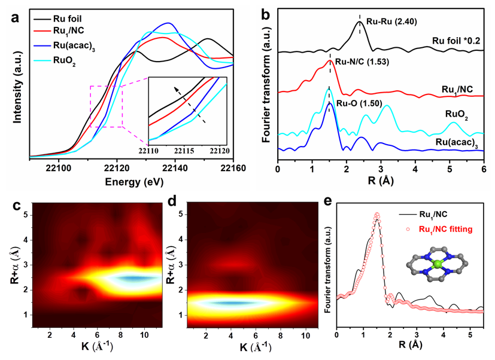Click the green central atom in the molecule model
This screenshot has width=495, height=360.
[436, 264]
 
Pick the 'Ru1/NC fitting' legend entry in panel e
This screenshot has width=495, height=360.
[438, 228]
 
